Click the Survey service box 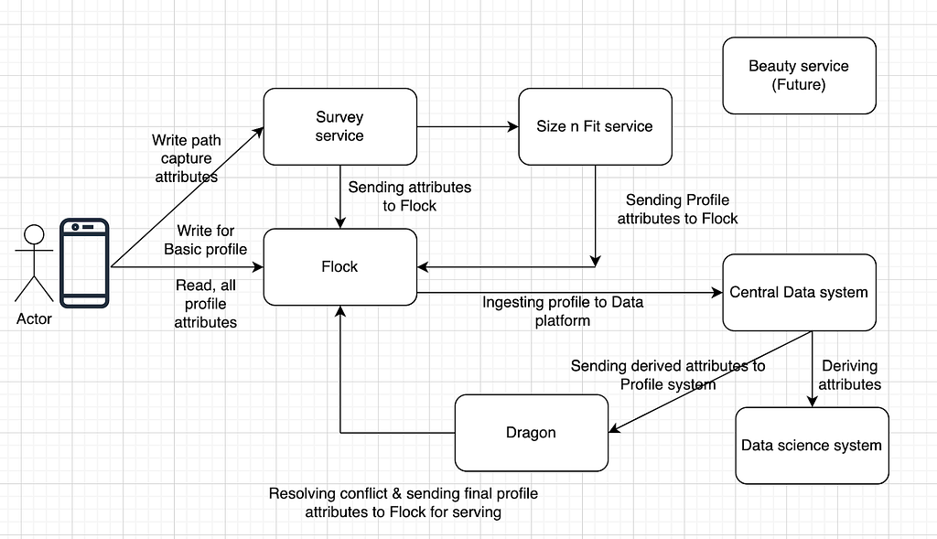tap(339, 126)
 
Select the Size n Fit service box tap(594, 126)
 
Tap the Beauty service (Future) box tap(798, 76)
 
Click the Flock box tap(339, 266)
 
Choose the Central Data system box tap(798, 292)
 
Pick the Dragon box tap(531, 432)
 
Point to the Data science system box tap(811, 446)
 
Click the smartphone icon tap(84, 262)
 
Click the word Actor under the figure tap(34, 319)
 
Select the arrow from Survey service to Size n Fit tap(467, 126)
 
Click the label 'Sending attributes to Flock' tap(409, 196)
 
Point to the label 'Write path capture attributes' tap(187, 158)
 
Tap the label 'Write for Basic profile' tap(206, 240)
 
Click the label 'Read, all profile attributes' tap(206, 304)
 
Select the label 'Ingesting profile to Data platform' tap(562, 311)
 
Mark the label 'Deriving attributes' tap(850, 374)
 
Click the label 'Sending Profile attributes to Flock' tap(677, 209)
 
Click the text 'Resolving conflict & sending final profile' tap(404, 493)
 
